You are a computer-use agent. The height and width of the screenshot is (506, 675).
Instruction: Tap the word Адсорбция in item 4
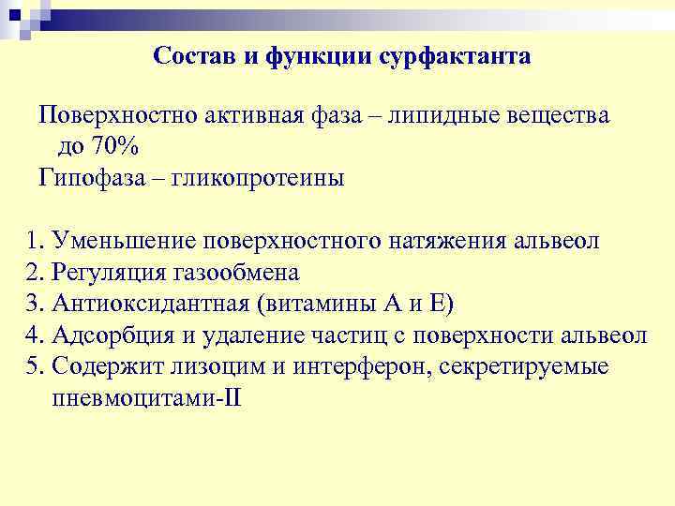(x=110, y=335)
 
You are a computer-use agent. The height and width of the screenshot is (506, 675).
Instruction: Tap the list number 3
(x=35, y=304)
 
